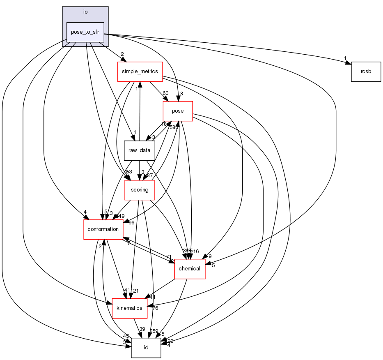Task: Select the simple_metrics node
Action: pos(140,72)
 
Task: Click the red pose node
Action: pos(178,111)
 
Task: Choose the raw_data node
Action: pos(139,150)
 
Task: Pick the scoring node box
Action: pos(139,190)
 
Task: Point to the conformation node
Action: pos(103,229)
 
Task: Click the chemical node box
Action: pos(190,269)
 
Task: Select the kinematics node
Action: pos(129,308)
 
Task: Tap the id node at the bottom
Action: pos(146,348)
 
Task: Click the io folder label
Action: pos(85,12)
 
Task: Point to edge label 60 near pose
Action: pos(165,93)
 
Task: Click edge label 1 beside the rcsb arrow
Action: pos(345,58)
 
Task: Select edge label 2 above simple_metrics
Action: pos(122,54)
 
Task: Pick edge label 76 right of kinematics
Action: pos(155,308)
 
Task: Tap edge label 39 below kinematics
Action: pos(142,329)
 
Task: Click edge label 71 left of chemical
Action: pos(169,257)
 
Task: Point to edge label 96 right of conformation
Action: pos(131,222)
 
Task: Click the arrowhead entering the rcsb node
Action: pos(348,63)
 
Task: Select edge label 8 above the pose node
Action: pos(181,94)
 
